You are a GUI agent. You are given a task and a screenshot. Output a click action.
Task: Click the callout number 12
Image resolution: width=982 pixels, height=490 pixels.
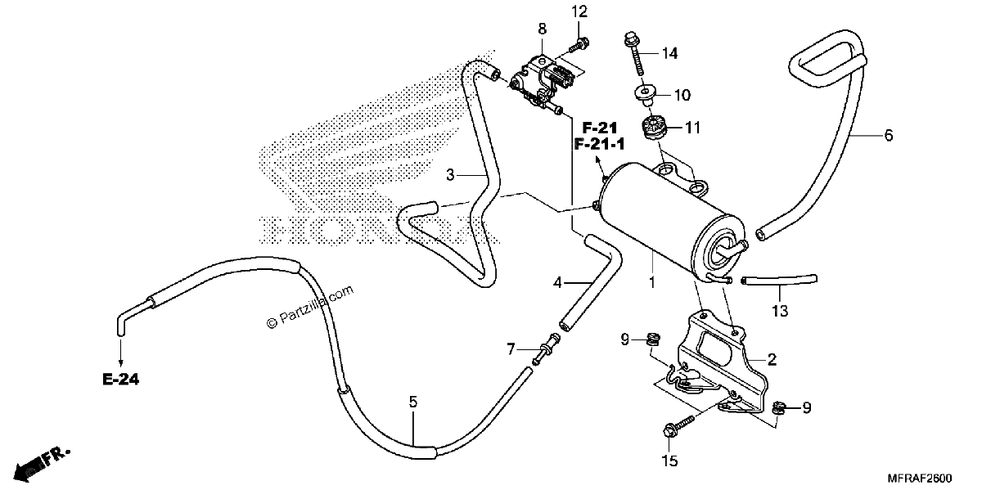pyautogui.click(x=579, y=11)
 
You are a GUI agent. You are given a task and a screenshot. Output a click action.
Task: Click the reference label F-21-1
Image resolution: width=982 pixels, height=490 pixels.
pyautogui.click(x=599, y=144)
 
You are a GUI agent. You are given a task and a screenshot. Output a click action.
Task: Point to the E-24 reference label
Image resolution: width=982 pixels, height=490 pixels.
pyautogui.click(x=121, y=379)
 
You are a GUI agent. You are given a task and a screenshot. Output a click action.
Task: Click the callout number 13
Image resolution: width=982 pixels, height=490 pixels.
pyautogui.click(x=781, y=311)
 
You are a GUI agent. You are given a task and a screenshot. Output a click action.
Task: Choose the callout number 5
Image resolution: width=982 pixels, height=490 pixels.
pyautogui.click(x=413, y=402)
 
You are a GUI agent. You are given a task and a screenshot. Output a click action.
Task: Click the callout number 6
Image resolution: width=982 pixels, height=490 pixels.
pyautogui.click(x=889, y=136)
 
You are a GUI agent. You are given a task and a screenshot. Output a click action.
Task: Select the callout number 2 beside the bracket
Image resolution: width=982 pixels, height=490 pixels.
pyautogui.click(x=772, y=360)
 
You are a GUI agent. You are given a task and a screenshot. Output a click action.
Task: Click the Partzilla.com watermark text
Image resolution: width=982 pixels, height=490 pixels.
pyautogui.click(x=310, y=308)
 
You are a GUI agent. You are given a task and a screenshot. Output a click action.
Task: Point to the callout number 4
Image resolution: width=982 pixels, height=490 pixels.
pyautogui.click(x=557, y=283)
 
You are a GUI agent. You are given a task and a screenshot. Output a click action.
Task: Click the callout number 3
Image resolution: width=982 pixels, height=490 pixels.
pyautogui.click(x=450, y=175)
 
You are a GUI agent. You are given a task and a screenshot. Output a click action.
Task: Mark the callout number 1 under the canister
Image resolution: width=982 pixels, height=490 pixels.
pyautogui.click(x=652, y=283)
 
